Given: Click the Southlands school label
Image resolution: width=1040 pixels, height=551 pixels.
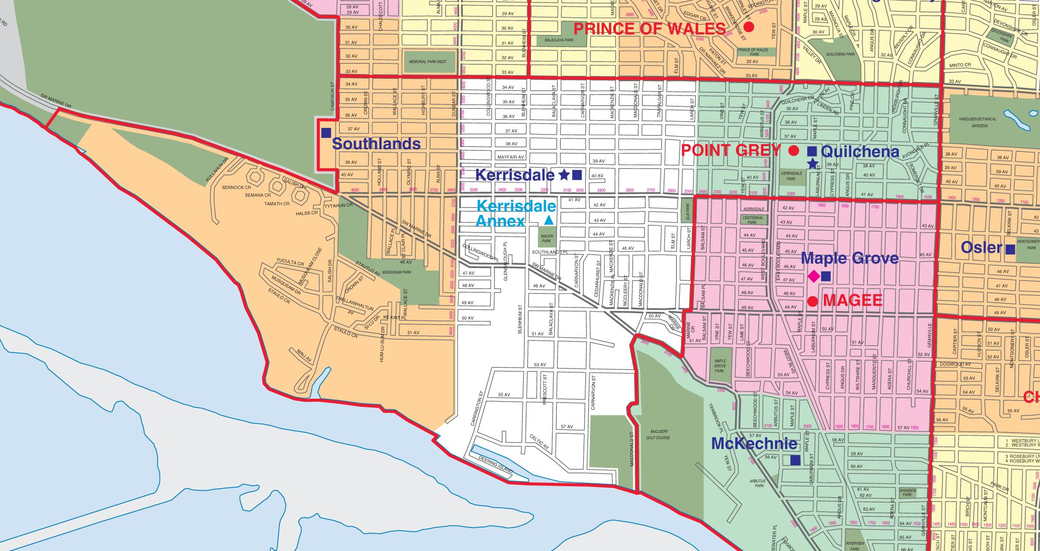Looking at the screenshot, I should [x=376, y=144].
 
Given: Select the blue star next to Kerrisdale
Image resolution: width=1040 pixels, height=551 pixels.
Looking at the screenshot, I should [x=565, y=175].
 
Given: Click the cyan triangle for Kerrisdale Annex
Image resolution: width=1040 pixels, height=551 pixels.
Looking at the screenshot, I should [x=549, y=220].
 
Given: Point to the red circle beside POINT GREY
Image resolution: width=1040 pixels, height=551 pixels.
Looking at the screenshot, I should [x=794, y=151].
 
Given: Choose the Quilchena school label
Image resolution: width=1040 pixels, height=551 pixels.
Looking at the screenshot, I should [x=859, y=152].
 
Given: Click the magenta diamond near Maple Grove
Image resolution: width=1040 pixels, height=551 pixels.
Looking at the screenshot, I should [x=814, y=276].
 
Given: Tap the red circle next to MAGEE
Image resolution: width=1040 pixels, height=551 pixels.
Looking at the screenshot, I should [x=812, y=301].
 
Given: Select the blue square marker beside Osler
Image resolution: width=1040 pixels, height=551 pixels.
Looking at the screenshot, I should [x=1010, y=249].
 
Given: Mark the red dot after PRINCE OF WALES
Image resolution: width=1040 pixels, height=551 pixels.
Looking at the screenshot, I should [x=749, y=27].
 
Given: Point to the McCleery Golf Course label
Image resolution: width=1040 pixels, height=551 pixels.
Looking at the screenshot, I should [x=657, y=434].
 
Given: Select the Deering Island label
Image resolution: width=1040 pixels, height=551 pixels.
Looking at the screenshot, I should [x=495, y=465].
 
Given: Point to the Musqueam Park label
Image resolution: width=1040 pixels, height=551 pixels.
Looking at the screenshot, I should [x=397, y=272].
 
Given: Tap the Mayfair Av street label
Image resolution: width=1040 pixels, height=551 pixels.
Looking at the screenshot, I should [x=510, y=157].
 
